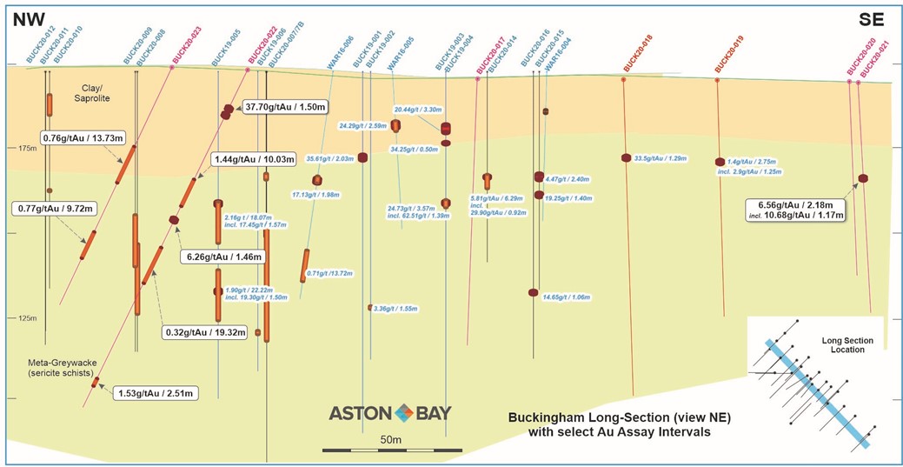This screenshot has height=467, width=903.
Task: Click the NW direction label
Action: tap(28, 18)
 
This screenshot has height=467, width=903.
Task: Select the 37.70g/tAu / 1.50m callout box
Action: tap(285, 107)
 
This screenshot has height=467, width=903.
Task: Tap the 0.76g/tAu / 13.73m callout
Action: tap(83, 137)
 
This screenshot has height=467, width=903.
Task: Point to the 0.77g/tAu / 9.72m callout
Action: tap(53, 208)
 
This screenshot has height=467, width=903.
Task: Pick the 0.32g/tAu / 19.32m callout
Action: tap(207, 332)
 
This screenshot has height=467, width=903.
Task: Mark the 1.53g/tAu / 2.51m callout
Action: tap(156, 394)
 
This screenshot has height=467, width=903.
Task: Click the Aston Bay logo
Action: tap(389, 413)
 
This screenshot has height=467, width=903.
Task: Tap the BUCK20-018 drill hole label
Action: tap(638, 54)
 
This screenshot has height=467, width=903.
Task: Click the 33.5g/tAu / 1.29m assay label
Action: tap(661, 158)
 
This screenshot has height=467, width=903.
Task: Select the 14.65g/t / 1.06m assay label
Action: tap(567, 297)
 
